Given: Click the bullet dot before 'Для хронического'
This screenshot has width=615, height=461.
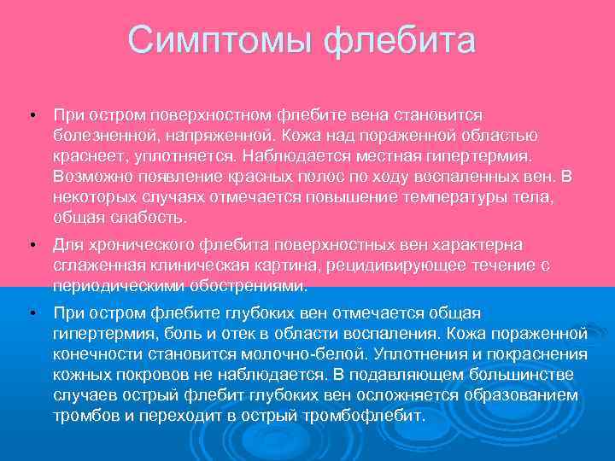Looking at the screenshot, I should click(x=31, y=245).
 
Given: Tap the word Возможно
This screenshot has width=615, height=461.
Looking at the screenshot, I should click(x=89, y=177).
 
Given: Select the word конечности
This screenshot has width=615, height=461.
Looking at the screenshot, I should click(x=96, y=354).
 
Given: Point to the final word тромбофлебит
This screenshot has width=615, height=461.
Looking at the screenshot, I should click(x=372, y=416).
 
